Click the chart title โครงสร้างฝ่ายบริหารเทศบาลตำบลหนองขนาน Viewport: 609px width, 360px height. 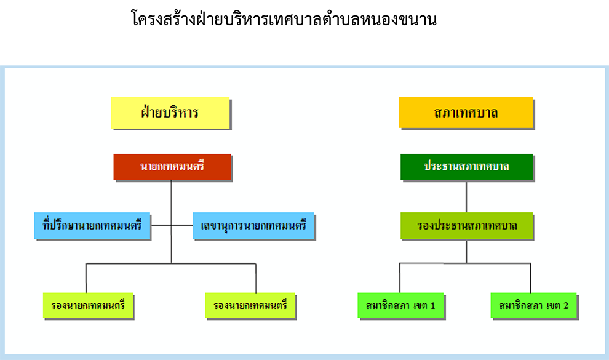click(284, 19)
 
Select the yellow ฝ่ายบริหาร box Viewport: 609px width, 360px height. click(170, 113)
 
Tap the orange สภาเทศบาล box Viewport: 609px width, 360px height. click(466, 113)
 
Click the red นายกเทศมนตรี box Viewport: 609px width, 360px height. click(172, 167)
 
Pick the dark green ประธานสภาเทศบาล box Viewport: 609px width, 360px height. click(466, 167)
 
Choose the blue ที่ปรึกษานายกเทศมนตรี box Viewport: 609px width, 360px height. click(92, 225)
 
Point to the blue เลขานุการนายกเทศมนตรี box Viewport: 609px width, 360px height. click(253, 225)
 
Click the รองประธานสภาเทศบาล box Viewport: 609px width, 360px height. click(466, 226)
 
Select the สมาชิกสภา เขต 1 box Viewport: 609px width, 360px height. click(400, 305)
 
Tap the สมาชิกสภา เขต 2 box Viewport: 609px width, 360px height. click(534, 305)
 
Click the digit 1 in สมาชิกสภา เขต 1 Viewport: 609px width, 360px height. click(432, 306)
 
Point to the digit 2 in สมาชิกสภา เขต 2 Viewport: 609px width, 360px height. click(566, 306)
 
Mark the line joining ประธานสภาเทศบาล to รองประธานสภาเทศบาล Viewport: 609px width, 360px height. click(466, 196)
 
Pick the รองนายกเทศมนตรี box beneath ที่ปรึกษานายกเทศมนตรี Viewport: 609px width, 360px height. click(88, 305)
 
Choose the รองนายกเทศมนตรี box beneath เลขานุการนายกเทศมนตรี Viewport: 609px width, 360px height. click(250, 305)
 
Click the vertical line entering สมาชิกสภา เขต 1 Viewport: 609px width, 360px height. click(400, 278)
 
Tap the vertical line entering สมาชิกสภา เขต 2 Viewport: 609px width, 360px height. click(530, 278)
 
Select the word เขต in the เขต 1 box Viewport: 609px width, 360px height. click(421, 306)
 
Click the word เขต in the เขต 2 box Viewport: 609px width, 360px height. click(554, 306)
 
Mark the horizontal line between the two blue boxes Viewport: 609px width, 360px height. click(172, 225)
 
